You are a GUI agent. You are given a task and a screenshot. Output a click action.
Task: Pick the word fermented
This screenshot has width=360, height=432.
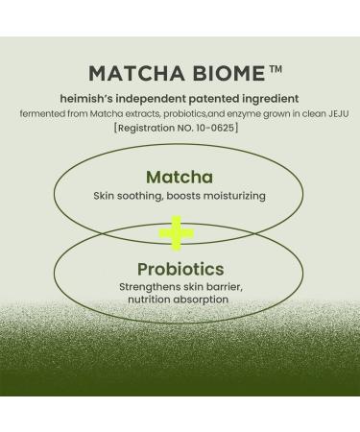[38, 113]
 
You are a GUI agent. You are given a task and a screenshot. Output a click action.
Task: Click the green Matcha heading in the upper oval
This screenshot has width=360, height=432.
[179, 178]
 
